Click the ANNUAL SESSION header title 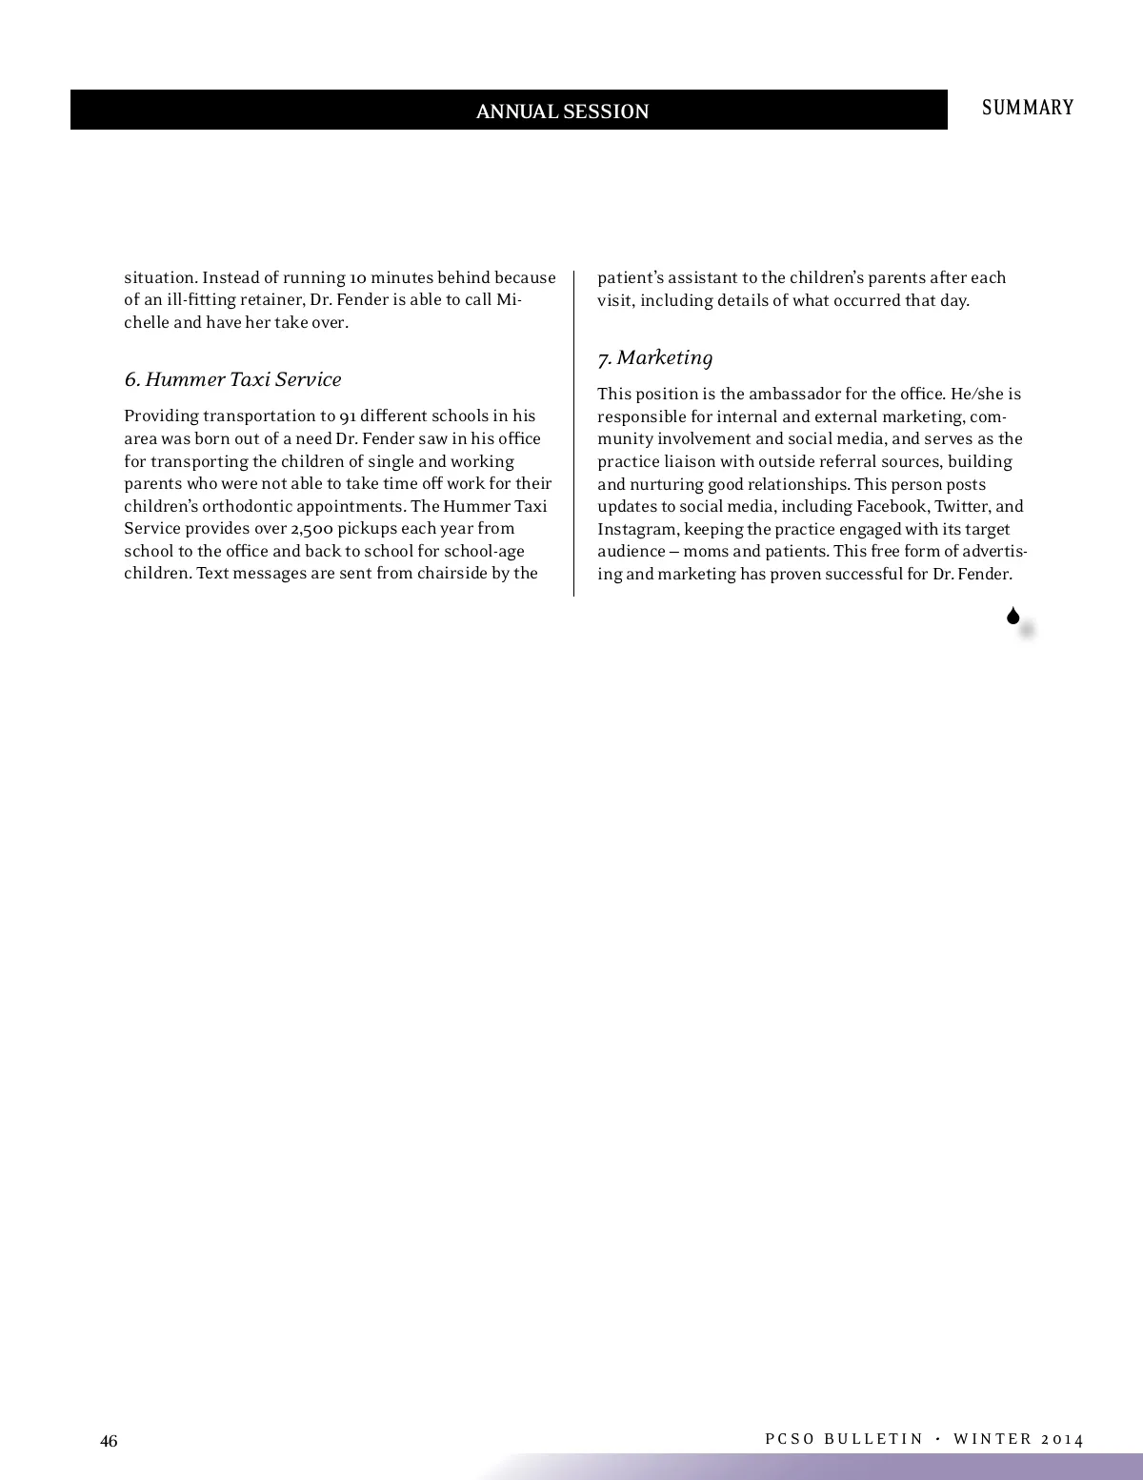562,112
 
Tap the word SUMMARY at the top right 1028,108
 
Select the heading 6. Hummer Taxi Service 232,379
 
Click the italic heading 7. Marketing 655,357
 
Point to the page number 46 110,1441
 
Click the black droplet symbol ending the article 1013,617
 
